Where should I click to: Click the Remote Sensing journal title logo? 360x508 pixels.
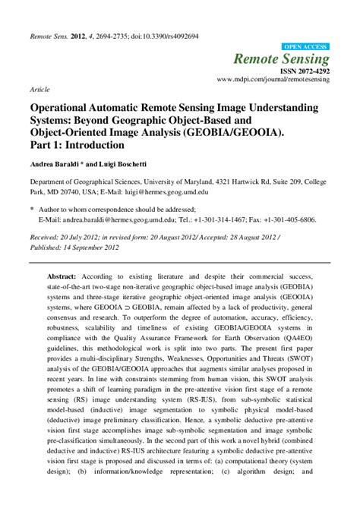pyautogui.click(x=292, y=59)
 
